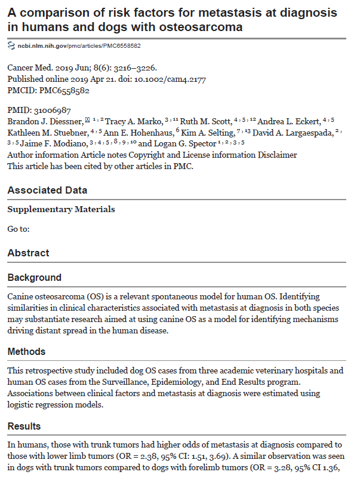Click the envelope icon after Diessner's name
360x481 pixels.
(x=88, y=121)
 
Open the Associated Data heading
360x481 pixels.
(x=47, y=190)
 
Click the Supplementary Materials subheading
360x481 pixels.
(x=61, y=209)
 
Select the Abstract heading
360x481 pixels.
(x=28, y=253)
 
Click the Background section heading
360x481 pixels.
(x=34, y=278)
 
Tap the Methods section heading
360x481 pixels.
(x=26, y=352)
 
